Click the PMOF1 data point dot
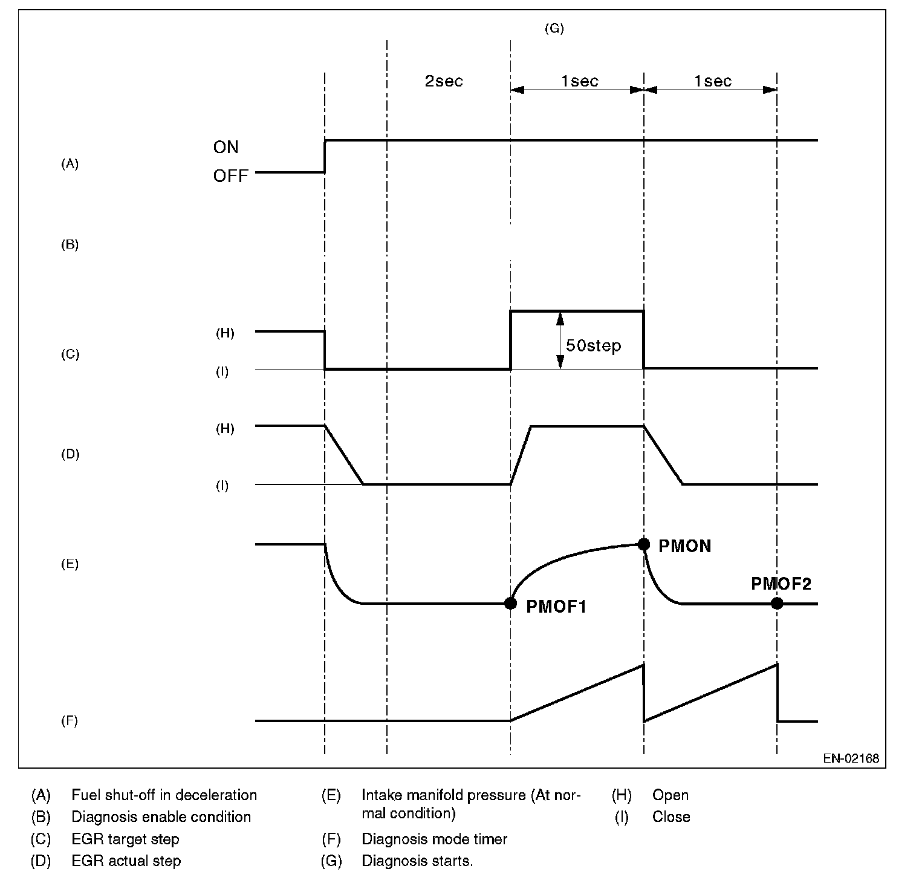pyautogui.click(x=510, y=603)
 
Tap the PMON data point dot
pyautogui.click(x=644, y=544)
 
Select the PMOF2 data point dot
pyautogui.click(x=777, y=603)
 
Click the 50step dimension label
pyautogui.click(x=593, y=346)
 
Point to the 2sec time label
pyautogui.click(x=444, y=82)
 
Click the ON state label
pyautogui.click(x=226, y=147)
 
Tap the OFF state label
pyautogui.click(x=230, y=177)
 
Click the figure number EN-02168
pyautogui.click(x=851, y=758)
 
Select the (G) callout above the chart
pyautogui.click(x=554, y=28)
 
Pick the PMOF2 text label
pyautogui.click(x=781, y=584)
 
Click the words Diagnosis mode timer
pyautogui.click(x=434, y=839)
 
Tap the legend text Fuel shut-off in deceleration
pyautogui.click(x=164, y=795)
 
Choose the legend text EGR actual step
pyautogui.click(x=126, y=861)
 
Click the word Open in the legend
pyautogui.click(x=670, y=795)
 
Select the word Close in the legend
pyautogui.click(x=671, y=816)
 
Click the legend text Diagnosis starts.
pyautogui.click(x=417, y=861)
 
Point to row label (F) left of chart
pyautogui.click(x=70, y=721)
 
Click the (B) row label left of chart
pyautogui.click(x=70, y=245)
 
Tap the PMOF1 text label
pyautogui.click(x=556, y=606)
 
